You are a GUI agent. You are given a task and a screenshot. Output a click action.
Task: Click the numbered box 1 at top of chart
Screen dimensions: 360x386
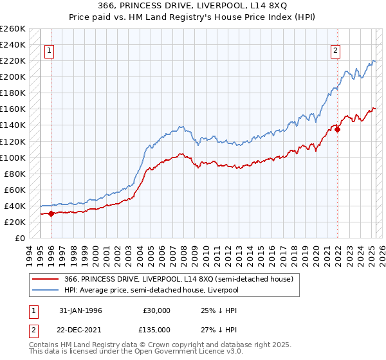coord(50,53)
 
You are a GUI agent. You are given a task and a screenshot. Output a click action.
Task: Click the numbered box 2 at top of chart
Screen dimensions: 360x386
coord(335,53)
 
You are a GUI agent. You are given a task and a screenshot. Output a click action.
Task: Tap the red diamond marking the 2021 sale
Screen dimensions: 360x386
coord(337,129)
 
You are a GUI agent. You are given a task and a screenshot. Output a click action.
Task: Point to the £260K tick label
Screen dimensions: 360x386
coord(13,29)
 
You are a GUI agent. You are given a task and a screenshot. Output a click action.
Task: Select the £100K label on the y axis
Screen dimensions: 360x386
coord(13,157)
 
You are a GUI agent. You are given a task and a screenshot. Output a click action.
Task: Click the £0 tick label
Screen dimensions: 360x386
coord(19,238)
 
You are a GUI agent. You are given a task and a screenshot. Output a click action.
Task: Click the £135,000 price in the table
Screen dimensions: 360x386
coord(156,329)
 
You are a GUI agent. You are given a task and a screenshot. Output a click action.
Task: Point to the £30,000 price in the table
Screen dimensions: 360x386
coord(156,310)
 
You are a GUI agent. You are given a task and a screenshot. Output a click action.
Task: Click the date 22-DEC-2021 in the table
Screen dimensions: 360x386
coord(79,329)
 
